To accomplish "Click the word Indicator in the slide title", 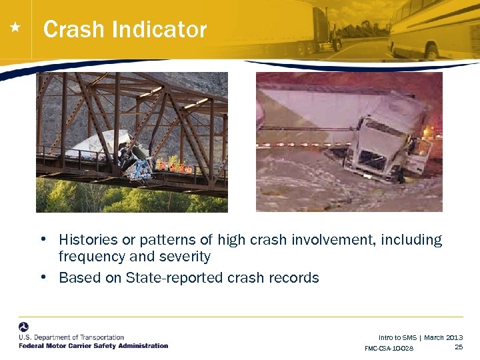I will [159, 30].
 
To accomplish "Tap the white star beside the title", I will [15, 28].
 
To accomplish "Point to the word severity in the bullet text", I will [186, 257].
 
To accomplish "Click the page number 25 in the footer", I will [458, 347].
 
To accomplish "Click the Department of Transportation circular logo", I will [23, 327].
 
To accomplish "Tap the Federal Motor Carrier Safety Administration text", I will [93, 346].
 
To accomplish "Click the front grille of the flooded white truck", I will [374, 160].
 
